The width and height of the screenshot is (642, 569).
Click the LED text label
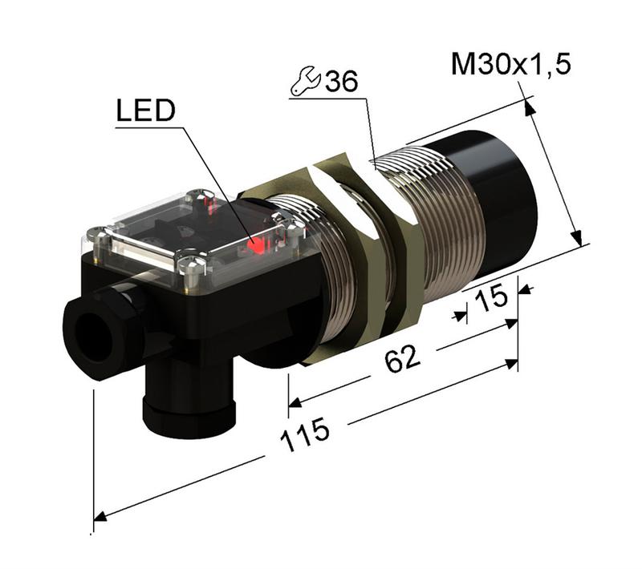[x=144, y=111]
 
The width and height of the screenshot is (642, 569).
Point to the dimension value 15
[x=491, y=299]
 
